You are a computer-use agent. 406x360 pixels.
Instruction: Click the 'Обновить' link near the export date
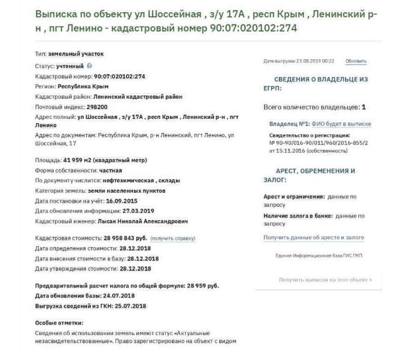point(356,61)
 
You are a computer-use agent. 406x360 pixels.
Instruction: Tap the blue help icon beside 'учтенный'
point(90,67)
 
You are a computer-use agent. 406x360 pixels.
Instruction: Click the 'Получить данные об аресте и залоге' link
point(314,237)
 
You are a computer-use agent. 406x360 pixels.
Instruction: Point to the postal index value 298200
point(96,107)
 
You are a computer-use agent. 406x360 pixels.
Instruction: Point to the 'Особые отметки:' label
point(59,322)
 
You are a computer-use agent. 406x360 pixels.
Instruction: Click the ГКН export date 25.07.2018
point(130,305)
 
